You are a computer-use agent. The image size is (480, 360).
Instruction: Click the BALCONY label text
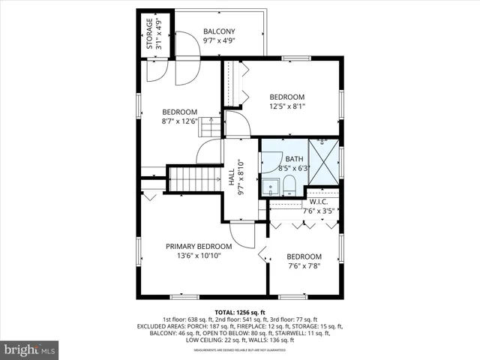pyautogui.click(x=218, y=31)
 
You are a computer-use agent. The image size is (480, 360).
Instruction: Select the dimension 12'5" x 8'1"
pyautogui.click(x=287, y=106)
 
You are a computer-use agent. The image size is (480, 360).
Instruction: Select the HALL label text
pyautogui.click(x=231, y=177)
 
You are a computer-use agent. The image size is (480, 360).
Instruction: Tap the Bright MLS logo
pyautogui.click(x=30, y=349)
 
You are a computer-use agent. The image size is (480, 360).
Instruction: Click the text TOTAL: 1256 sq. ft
pyautogui.click(x=239, y=312)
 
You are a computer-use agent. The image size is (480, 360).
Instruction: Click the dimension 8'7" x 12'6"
pyautogui.click(x=179, y=121)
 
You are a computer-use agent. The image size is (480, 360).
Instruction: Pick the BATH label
pyautogui.click(x=293, y=159)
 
